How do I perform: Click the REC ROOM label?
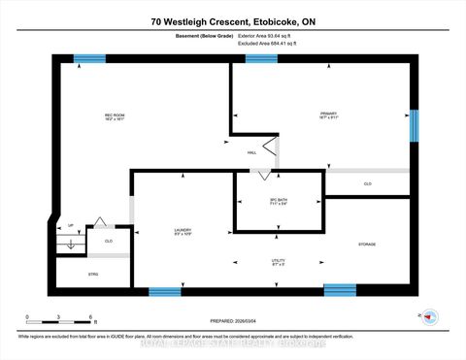pyautogui.click(x=116, y=118)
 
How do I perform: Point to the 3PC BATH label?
pyautogui.click(x=279, y=203)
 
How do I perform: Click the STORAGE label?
pyautogui.click(x=367, y=244)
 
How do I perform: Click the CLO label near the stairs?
pyautogui.click(x=109, y=240)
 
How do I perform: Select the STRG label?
pyautogui.click(x=79, y=275)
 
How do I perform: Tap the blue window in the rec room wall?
pyautogui.click(x=90, y=58)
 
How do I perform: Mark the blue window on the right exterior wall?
pyautogui.click(x=414, y=125)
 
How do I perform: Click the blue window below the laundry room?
pyautogui.click(x=165, y=290)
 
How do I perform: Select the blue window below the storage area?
pyautogui.click(x=339, y=289)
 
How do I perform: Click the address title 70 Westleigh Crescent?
pyautogui.click(x=232, y=21)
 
